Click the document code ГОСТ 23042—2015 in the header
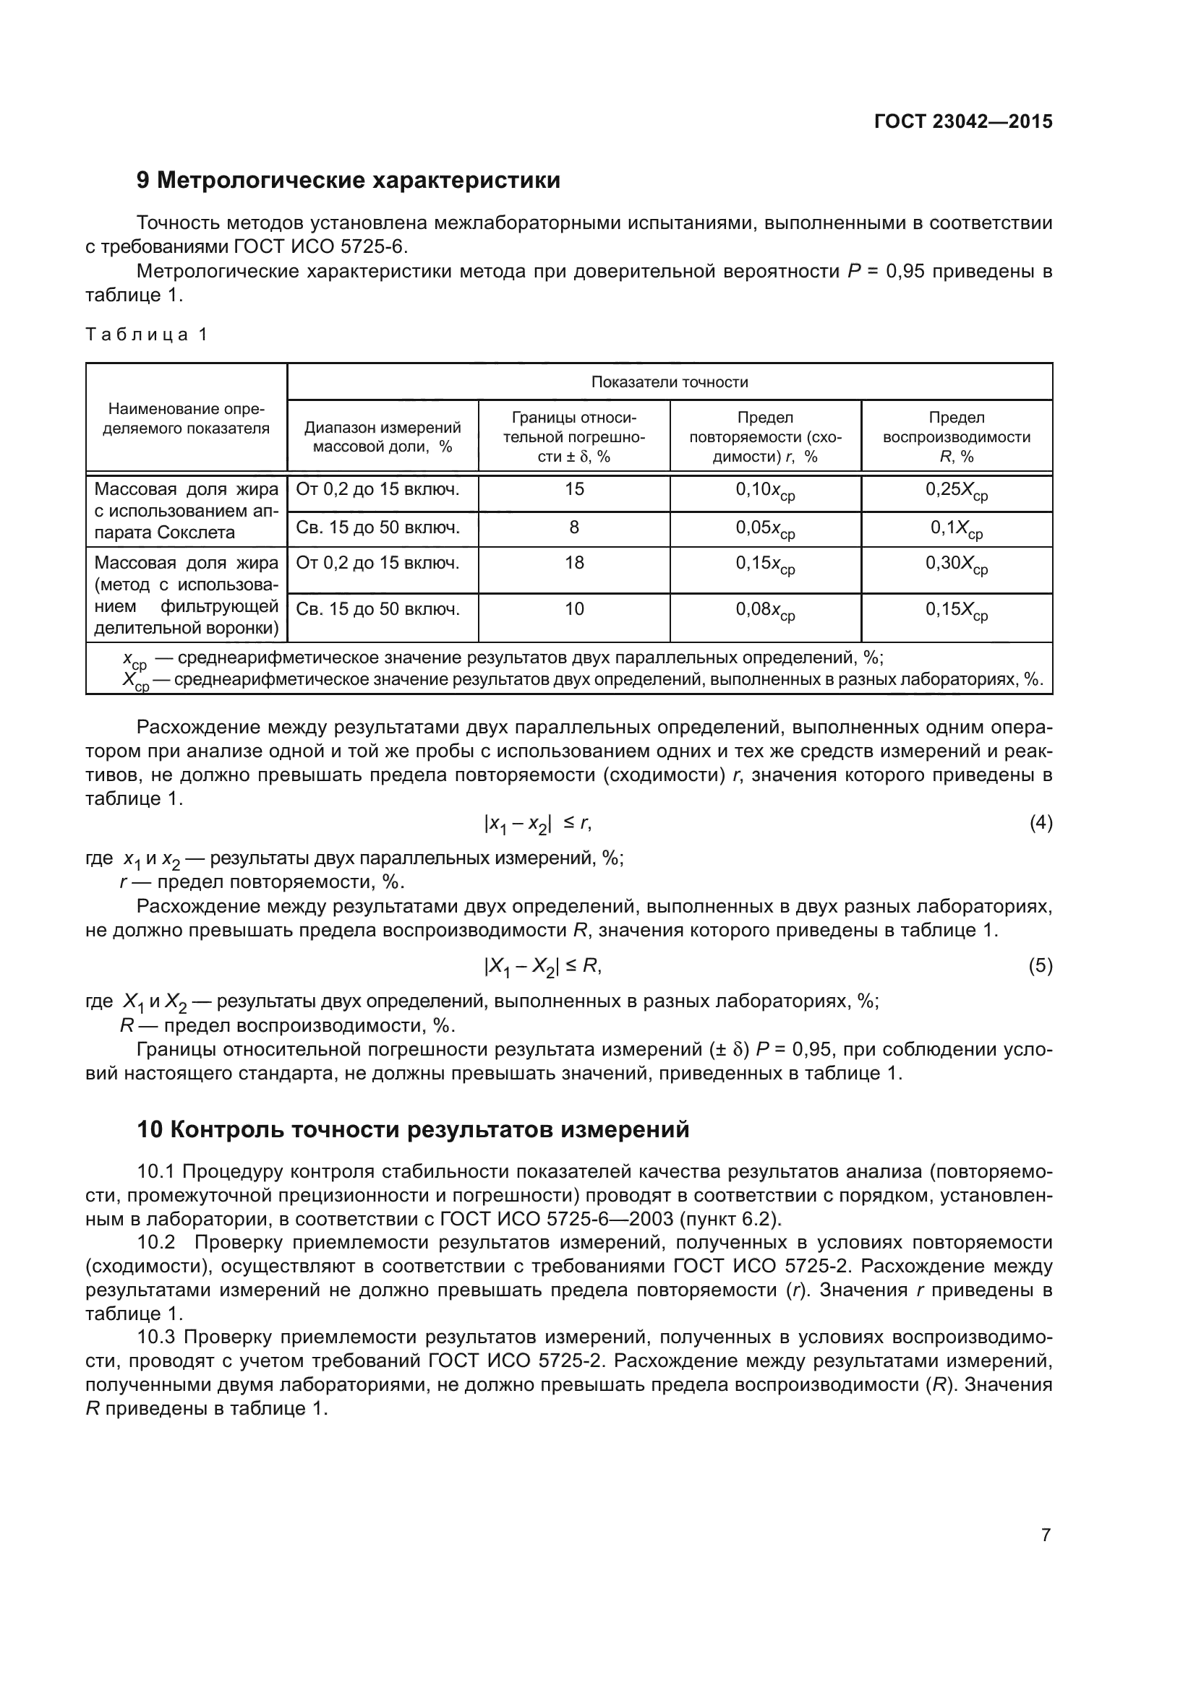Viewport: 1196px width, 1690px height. point(962,121)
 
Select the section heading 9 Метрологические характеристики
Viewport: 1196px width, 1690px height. point(349,181)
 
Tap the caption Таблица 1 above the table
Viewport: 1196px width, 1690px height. point(147,335)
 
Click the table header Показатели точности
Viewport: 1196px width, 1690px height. point(669,382)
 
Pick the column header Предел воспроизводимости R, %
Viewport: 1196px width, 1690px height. point(956,436)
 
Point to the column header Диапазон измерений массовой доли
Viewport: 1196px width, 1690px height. point(383,436)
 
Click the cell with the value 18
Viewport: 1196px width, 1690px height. point(573,563)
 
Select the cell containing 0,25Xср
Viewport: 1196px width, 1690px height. point(956,491)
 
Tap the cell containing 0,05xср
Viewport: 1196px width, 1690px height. point(764,528)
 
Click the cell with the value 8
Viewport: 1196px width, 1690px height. point(573,527)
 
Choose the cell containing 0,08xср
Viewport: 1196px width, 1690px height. point(764,611)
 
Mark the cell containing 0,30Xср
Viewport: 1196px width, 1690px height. point(956,564)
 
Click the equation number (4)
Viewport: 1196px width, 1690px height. point(1040,823)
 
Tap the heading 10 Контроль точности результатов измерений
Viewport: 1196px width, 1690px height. point(413,1129)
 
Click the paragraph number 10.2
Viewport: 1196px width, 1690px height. point(156,1243)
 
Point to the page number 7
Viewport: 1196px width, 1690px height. point(1046,1535)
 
